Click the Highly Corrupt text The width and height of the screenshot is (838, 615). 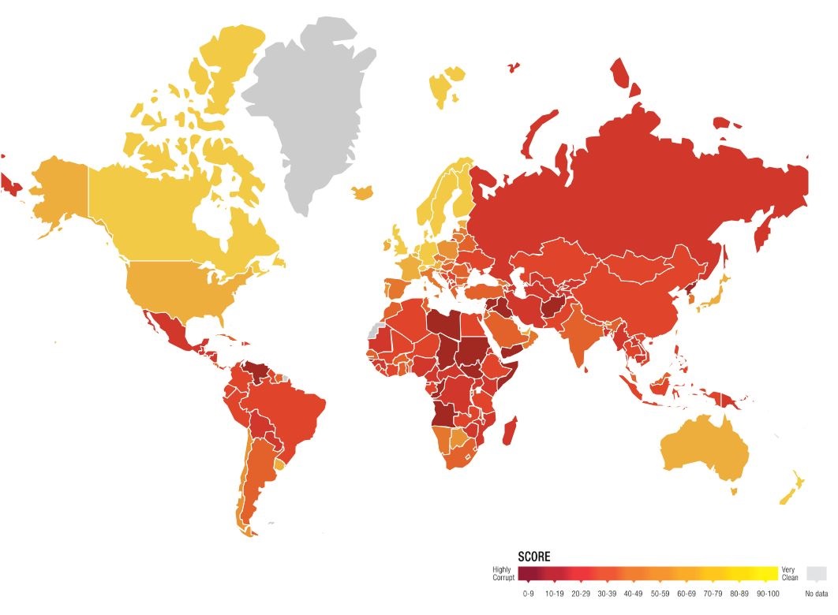(503, 573)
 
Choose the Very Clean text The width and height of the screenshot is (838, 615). (790, 573)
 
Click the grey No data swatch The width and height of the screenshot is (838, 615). (817, 574)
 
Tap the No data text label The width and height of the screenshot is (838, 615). (817, 593)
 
